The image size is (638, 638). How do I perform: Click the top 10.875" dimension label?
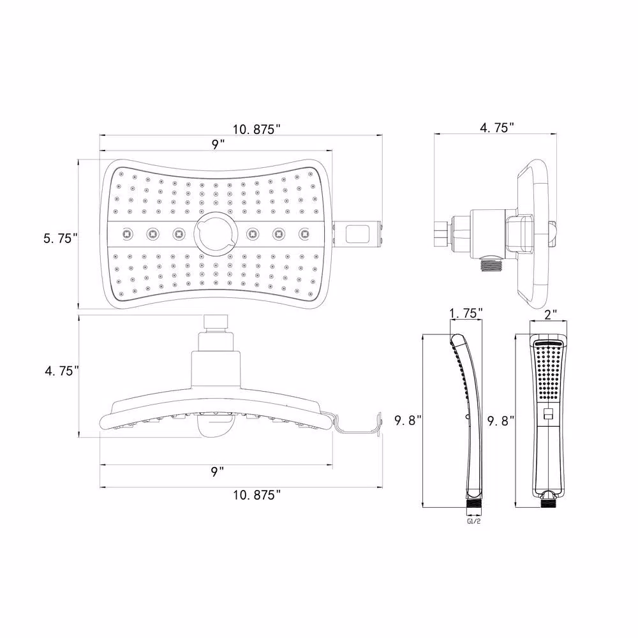tap(256, 129)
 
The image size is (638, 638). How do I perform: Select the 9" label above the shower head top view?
tap(218, 144)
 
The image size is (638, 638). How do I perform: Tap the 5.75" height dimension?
tap(60, 238)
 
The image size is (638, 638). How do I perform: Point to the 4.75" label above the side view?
tap(497, 128)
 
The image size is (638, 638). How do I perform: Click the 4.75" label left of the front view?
tap(62, 371)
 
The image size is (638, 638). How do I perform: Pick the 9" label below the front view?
tap(218, 471)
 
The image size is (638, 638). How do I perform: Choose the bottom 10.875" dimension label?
tap(256, 495)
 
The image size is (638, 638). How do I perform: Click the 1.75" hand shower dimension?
tap(466, 313)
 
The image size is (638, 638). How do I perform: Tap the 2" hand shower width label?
tap(550, 315)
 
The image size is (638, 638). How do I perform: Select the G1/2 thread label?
tap(473, 521)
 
